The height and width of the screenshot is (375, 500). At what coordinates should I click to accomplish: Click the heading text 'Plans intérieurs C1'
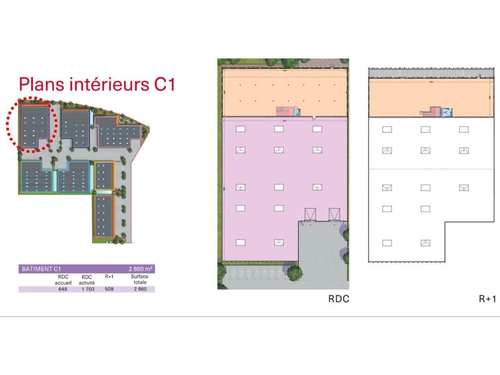[x=97, y=85]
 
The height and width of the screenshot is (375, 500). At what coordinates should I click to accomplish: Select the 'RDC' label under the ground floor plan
[x=338, y=299]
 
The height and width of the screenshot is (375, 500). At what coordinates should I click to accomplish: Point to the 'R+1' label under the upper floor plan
[x=487, y=299]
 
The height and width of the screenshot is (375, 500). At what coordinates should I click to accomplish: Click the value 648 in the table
[x=62, y=289]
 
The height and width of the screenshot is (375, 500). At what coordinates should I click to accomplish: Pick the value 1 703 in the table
[x=87, y=289]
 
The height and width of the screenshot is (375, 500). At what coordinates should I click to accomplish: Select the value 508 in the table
[x=109, y=289]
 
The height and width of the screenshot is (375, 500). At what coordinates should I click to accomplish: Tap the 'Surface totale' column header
[x=140, y=279]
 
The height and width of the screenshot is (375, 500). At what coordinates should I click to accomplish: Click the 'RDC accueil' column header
[x=63, y=280]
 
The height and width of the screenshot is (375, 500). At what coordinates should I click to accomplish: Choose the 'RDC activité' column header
[x=87, y=280]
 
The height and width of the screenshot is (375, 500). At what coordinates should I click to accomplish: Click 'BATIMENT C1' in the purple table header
[x=41, y=269]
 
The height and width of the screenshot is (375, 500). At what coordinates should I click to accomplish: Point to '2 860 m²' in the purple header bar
[x=141, y=269]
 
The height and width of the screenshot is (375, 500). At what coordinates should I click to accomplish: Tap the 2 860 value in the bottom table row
[x=140, y=289]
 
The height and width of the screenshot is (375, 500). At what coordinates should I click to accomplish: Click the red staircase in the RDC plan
[x=282, y=111]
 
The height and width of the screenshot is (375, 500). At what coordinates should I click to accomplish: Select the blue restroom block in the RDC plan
[x=297, y=112]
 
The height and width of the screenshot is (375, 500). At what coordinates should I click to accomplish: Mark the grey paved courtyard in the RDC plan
[x=322, y=250]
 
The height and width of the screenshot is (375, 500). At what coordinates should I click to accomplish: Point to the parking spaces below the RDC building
[x=254, y=273]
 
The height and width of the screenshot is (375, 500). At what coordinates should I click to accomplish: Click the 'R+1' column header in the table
[x=109, y=277]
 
